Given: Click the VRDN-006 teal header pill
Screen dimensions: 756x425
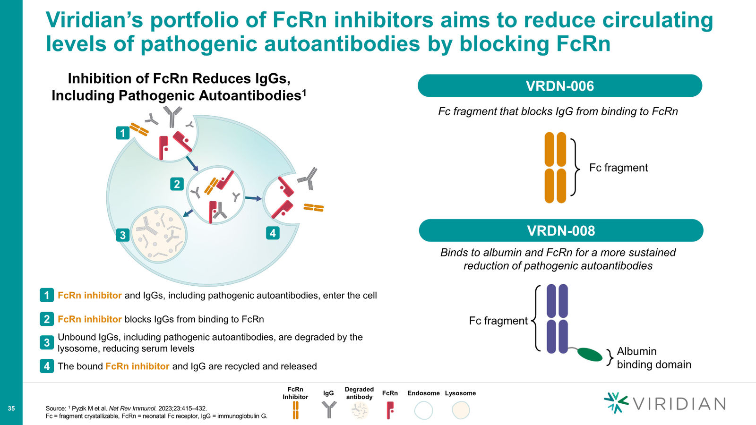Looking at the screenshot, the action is tap(560, 85).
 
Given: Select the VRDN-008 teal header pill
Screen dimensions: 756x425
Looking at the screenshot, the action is tap(561, 230).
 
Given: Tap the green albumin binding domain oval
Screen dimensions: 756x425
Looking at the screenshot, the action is tap(590, 355).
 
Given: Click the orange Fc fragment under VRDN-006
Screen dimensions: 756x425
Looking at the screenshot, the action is tap(555, 168).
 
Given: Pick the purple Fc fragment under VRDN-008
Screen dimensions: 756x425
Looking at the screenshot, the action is tap(557, 319).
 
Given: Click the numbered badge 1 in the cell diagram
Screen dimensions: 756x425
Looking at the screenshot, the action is tap(122, 133).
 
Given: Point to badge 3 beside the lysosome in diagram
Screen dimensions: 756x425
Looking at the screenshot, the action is tap(122, 235).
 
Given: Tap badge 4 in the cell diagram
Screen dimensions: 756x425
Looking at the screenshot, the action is tap(273, 233).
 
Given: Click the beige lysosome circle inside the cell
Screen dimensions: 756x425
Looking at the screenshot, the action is tap(159, 235).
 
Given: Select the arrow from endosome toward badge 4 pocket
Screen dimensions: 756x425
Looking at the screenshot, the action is tap(253, 198).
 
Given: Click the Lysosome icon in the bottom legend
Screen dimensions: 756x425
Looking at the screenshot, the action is tap(461, 410).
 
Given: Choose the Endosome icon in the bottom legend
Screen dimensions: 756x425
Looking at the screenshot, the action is tap(423, 410).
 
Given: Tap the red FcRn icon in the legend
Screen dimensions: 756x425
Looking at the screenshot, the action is tap(390, 410).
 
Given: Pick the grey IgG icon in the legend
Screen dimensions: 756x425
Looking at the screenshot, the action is tap(329, 409).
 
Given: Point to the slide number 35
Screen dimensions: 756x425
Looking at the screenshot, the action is tap(11, 408).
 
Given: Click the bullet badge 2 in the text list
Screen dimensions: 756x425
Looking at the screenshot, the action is tap(47, 319).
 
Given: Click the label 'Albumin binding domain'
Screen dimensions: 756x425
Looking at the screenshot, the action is tap(654, 358).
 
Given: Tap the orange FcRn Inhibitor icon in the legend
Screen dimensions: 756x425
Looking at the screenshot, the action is tap(296, 410).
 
